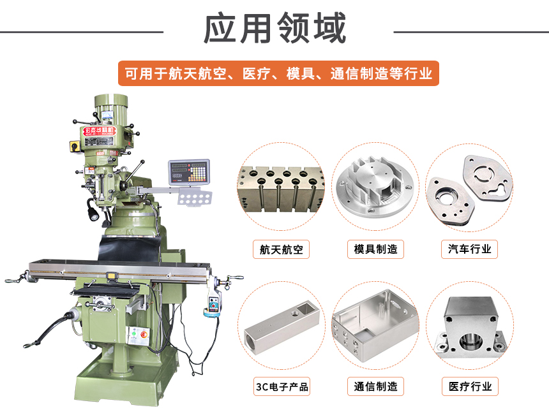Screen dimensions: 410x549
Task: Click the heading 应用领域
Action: pos(274,29)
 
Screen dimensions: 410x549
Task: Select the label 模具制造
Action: pos(375,249)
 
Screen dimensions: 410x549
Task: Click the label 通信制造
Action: pos(375,386)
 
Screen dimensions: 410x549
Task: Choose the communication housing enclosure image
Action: pos(375,325)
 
